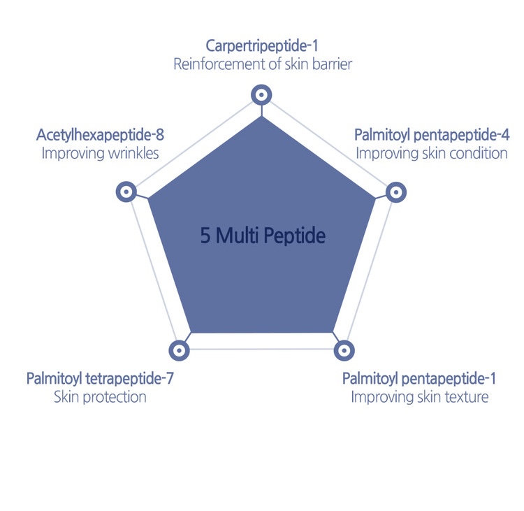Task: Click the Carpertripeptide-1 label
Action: (x=262, y=46)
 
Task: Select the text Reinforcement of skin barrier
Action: (x=263, y=64)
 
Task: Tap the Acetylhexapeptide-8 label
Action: (x=100, y=136)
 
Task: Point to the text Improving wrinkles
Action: (x=100, y=154)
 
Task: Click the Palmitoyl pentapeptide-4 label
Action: (x=432, y=136)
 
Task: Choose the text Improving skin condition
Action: (x=432, y=154)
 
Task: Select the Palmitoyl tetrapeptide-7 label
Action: (x=100, y=379)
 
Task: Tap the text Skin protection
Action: (x=100, y=397)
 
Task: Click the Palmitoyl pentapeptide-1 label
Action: (x=419, y=379)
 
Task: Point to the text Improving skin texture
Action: (x=420, y=397)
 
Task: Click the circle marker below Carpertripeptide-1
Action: (x=261, y=94)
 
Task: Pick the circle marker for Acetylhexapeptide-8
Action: (x=126, y=192)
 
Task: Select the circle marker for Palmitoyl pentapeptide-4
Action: (x=396, y=192)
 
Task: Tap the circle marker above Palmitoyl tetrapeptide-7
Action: (x=179, y=350)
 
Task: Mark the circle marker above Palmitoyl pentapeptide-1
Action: (x=344, y=350)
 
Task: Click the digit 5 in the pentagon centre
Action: (x=205, y=236)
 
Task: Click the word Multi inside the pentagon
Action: (x=237, y=235)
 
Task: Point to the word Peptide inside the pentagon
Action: (x=294, y=236)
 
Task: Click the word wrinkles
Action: (x=133, y=154)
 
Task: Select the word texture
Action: (x=467, y=397)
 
